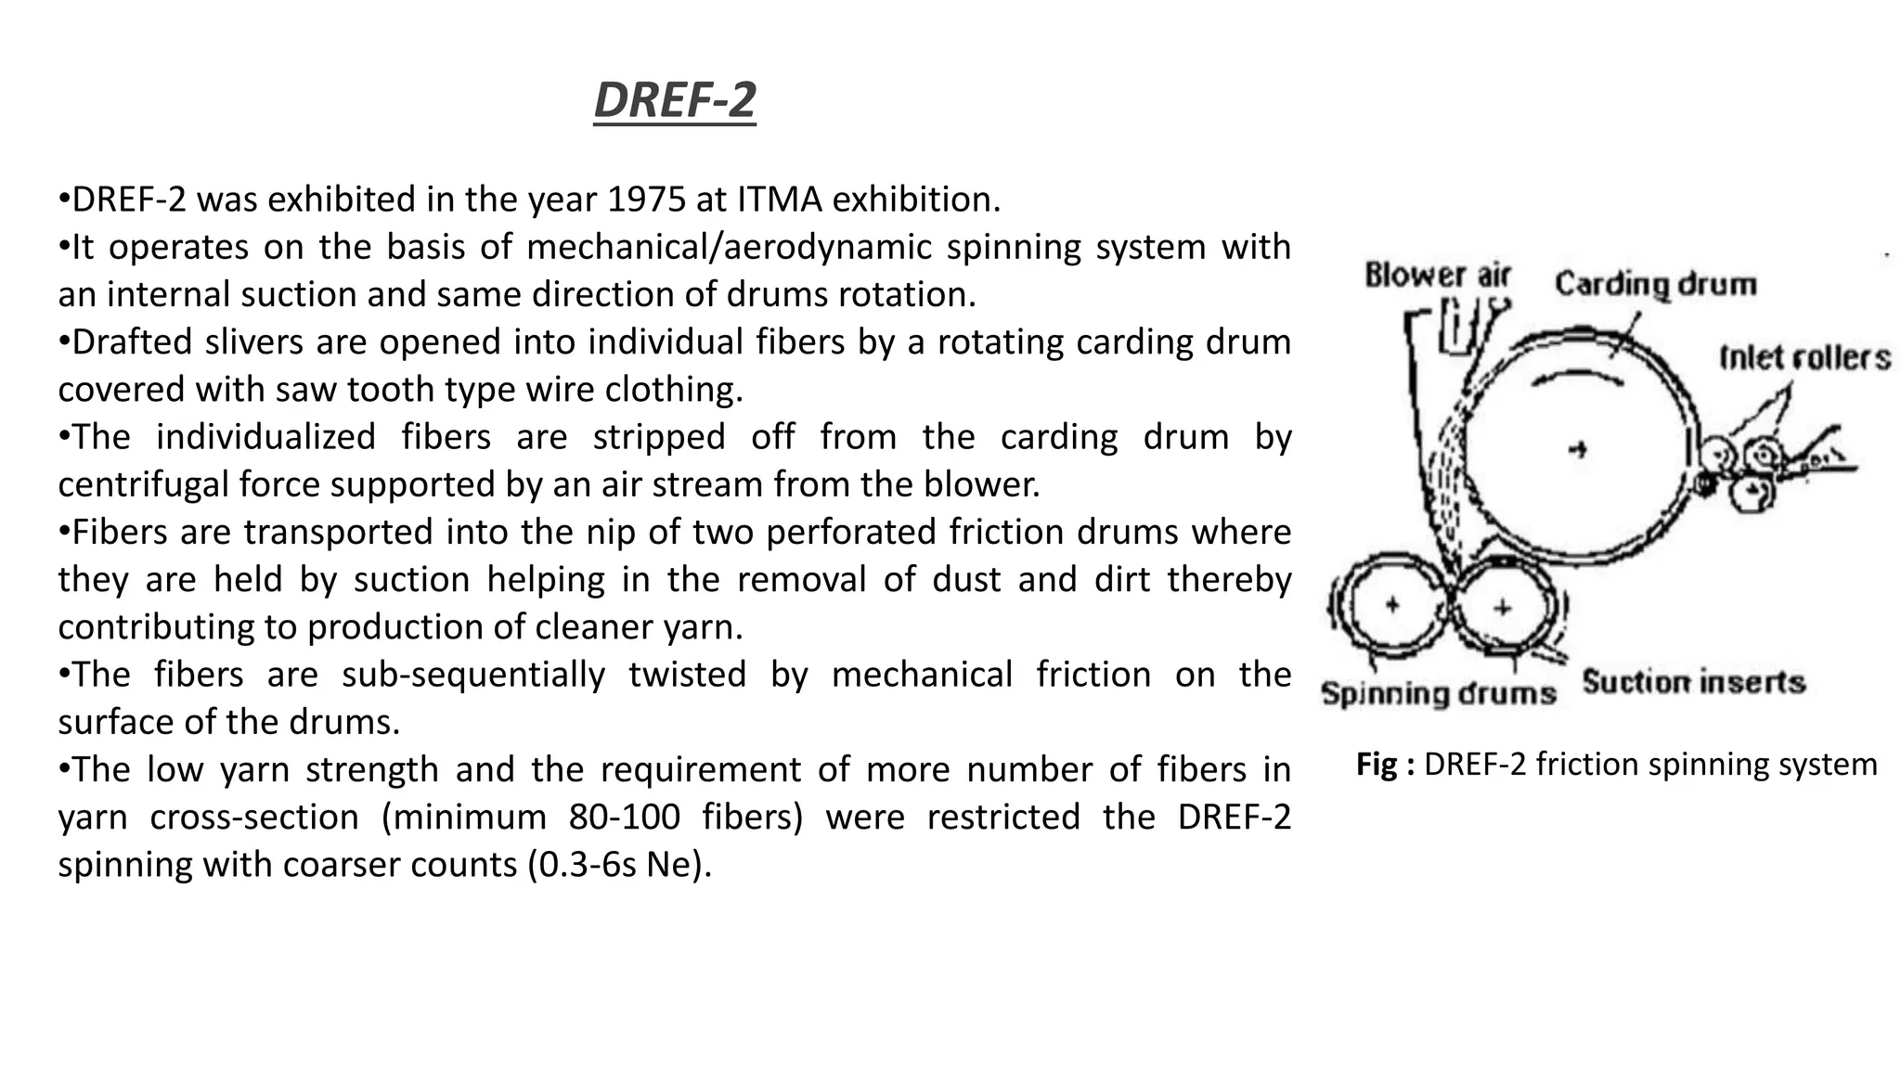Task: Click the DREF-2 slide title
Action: [675, 100]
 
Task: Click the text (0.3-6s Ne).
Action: [619, 865]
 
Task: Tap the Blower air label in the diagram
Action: [1437, 276]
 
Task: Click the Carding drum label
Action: [1656, 284]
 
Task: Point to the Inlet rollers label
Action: [1804, 358]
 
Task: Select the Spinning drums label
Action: [1438, 694]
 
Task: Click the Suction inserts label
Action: [1693, 683]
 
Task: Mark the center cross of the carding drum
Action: [1577, 450]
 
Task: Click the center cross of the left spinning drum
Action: [1391, 605]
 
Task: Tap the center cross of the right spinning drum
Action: [1503, 608]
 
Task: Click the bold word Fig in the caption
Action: [1377, 765]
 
